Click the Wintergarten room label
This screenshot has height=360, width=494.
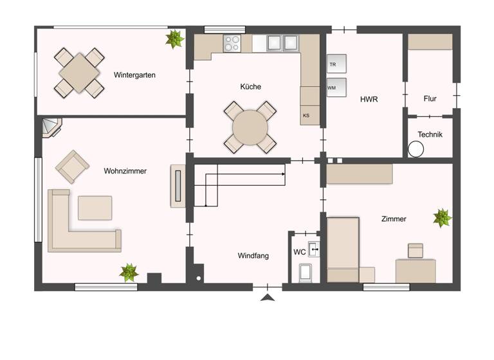coord(135,75)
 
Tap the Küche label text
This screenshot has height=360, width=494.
coord(251,86)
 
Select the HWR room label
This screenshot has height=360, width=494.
coord(369,100)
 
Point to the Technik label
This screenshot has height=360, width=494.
coord(430,135)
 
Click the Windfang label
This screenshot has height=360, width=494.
coord(253,255)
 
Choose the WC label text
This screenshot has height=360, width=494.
coord(299,252)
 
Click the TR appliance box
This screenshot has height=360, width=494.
coord(336,64)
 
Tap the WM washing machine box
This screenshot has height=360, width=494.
coord(336,87)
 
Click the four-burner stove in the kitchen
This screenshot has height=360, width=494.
coord(232,43)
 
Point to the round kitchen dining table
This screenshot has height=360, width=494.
coord(250,127)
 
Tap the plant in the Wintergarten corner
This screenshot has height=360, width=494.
coord(173,39)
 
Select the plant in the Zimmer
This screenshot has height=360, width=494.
coord(442,218)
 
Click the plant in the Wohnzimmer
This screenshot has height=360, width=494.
coord(129,273)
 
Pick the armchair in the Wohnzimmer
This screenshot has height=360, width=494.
coord(72,166)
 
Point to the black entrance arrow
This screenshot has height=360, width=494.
coord(268,297)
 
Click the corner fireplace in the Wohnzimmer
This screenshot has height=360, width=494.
coord(51,128)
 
